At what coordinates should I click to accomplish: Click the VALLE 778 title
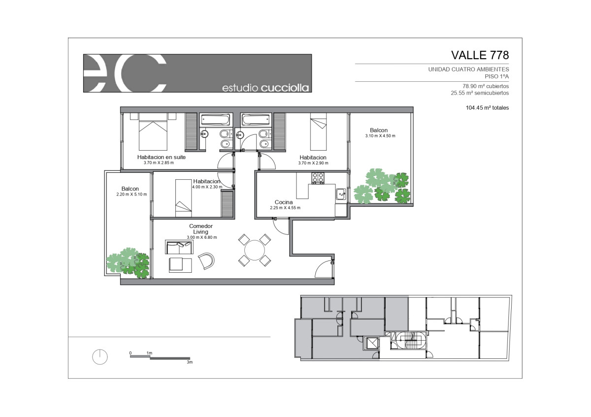[480, 55]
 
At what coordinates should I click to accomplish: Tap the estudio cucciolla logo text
[265, 88]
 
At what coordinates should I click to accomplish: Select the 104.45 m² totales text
[487, 108]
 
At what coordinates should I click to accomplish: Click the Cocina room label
[284, 202]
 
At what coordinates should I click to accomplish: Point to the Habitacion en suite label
[161, 157]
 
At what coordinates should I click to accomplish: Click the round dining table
[254, 250]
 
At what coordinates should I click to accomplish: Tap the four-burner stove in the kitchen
[318, 178]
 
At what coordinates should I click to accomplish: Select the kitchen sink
[341, 194]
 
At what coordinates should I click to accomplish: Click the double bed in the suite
[153, 131]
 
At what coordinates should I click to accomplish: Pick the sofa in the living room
[179, 247]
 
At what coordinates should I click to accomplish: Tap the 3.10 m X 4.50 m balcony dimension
[380, 136]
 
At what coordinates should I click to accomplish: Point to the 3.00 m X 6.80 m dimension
[202, 237]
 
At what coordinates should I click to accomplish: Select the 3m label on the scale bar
[190, 362]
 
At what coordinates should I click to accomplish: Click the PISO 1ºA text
[497, 76]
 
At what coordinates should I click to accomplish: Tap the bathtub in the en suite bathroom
[215, 120]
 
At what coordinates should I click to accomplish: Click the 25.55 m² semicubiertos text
[480, 93]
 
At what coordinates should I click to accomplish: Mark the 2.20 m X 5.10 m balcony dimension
[131, 194]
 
